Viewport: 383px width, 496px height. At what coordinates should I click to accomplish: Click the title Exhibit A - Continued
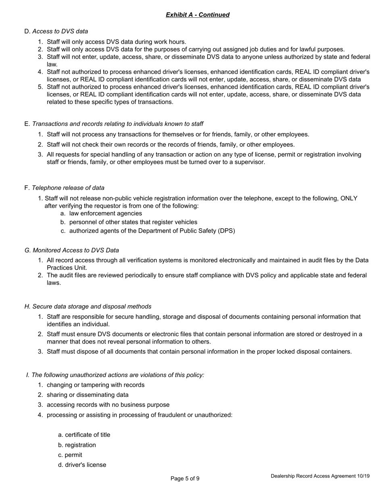point(198,15)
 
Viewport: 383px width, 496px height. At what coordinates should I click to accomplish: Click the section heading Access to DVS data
point(60,31)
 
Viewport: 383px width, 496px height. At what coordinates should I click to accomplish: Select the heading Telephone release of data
point(68,188)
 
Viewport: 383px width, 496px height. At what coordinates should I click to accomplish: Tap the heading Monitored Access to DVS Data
point(75,250)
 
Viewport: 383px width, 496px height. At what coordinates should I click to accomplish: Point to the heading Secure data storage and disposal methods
point(92,306)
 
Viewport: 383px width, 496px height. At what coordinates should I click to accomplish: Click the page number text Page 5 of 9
point(185,479)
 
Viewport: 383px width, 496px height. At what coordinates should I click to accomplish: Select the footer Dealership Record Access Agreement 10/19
point(320,476)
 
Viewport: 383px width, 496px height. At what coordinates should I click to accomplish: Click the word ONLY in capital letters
point(349,198)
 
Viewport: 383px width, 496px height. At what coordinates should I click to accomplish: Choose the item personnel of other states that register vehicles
point(133,222)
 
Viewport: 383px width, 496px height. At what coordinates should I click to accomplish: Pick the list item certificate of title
point(87,435)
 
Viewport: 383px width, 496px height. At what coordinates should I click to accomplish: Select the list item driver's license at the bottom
point(85,465)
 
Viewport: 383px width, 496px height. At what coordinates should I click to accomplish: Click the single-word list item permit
point(73,455)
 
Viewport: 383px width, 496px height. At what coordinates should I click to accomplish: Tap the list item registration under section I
point(80,445)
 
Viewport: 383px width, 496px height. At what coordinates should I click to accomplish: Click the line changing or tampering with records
point(96,385)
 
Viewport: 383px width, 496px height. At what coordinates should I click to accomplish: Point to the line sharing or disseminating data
point(87,395)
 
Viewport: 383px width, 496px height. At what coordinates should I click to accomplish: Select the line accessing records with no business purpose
point(108,405)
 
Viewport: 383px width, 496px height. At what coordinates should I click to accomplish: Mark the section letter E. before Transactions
point(27,124)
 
